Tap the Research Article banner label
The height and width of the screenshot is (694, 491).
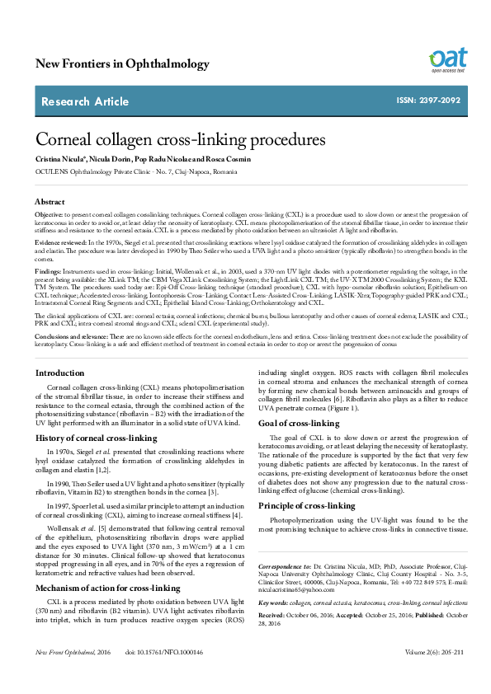pos(85,101)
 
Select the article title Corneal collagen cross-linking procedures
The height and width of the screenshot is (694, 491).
pos(175,140)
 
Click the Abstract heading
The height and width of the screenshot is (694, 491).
pos(50,201)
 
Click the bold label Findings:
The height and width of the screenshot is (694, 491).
pos(49,270)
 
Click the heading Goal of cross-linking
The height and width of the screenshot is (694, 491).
pos(300,423)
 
